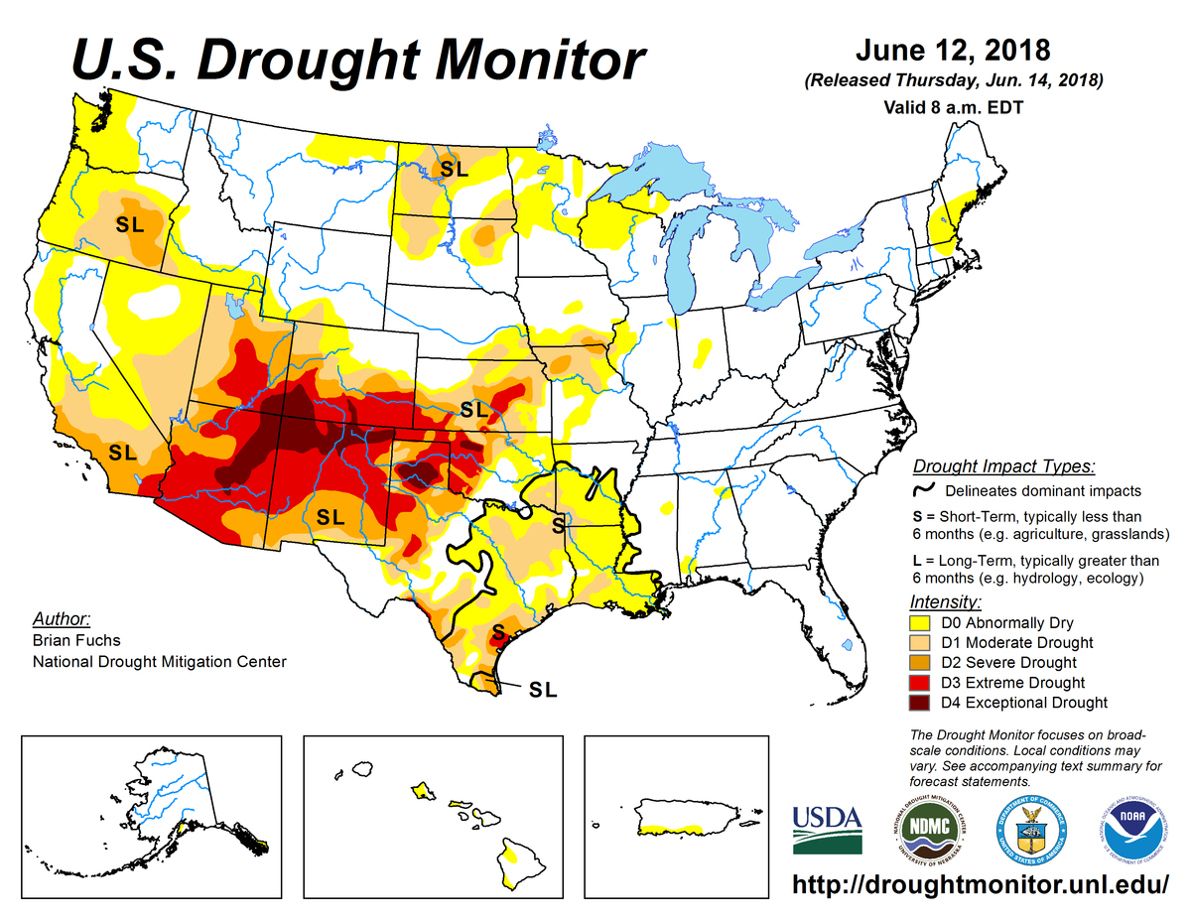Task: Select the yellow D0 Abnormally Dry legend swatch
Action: (920, 623)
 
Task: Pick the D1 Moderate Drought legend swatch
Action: (920, 643)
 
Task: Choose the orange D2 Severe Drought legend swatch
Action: (920, 663)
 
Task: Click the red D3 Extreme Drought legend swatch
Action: (920, 683)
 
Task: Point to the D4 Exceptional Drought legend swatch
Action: (920, 703)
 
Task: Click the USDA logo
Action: (827, 830)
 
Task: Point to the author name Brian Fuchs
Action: (74, 641)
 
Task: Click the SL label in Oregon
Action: (130, 224)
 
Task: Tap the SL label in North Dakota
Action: (454, 170)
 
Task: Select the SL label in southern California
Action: (122, 453)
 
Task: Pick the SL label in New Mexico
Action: (330, 517)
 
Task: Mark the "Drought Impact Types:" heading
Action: (1003, 466)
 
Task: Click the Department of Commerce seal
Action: (1030, 828)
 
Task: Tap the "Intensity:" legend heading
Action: (945, 602)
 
